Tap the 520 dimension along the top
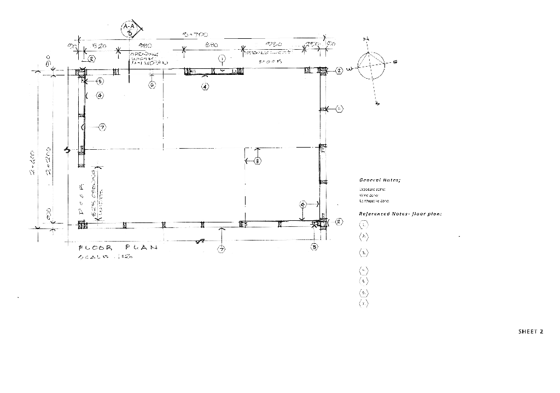point(99,46)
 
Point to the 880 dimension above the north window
point(212,45)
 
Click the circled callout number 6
point(152,85)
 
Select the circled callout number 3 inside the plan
point(258,161)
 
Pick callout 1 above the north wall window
point(222,58)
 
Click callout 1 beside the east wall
point(339,109)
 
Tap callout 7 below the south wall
point(221,249)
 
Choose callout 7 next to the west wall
point(102,127)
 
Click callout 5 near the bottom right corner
point(314,247)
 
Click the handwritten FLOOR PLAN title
point(118,248)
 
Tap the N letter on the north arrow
point(366,39)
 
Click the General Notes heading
point(380,180)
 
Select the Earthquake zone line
point(374,201)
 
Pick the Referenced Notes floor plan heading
point(400,214)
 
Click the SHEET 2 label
point(530,331)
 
